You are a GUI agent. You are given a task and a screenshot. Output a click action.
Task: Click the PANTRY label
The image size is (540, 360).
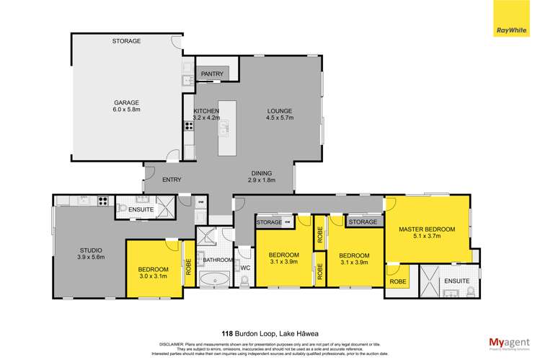coord(212,74)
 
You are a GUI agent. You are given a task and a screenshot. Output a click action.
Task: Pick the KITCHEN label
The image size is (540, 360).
coord(206,111)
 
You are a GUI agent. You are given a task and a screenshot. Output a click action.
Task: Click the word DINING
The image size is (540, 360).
coord(262,173)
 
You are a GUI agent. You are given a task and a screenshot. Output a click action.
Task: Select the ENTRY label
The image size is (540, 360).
coord(171,180)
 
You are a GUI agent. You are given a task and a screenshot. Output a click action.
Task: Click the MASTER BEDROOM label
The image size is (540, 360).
coord(427,229)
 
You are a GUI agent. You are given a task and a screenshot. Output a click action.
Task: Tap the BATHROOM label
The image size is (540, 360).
coord(217,260)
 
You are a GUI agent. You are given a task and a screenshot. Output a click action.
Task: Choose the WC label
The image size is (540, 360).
coord(244,268)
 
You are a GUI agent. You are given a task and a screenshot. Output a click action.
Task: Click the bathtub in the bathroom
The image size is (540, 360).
coord(214,280)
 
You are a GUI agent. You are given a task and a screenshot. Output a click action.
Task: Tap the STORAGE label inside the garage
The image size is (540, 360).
coord(126,41)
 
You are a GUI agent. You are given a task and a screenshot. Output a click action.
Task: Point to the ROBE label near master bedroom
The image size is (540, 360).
coord(397,282)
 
